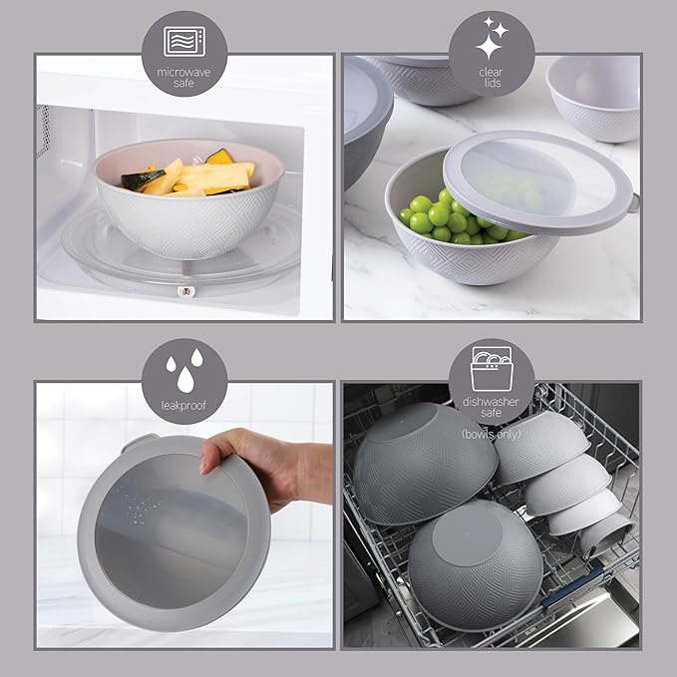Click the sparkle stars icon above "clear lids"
[x=491, y=40]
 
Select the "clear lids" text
[x=491, y=78]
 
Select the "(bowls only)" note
[x=492, y=434]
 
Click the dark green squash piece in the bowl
[x=217, y=158]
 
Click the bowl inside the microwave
[x=189, y=209]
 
